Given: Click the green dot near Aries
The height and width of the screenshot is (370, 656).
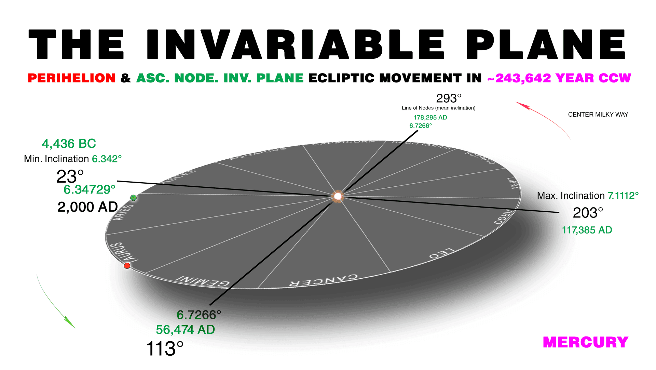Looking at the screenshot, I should [134, 198].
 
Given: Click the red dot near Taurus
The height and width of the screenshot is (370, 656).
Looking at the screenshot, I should [127, 266].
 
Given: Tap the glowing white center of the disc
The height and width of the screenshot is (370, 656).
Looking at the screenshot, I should [338, 196].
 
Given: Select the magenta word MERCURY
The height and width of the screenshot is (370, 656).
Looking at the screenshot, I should [585, 342].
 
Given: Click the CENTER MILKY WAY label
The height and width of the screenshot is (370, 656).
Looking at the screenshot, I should [598, 115].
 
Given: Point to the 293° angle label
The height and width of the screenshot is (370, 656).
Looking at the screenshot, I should [449, 98].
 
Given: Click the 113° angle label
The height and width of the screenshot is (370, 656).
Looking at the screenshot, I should [165, 349].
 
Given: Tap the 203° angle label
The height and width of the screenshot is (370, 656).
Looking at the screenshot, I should [588, 213].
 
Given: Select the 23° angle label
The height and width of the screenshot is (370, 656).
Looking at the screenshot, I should [70, 177].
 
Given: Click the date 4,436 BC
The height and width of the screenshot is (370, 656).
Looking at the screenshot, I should [69, 144].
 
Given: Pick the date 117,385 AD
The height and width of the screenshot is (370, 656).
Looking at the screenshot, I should [587, 230].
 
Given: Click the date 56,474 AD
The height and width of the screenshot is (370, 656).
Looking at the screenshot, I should [185, 330].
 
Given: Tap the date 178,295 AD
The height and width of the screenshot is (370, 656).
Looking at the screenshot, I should [430, 117].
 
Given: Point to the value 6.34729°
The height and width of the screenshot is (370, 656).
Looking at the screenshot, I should [90, 189].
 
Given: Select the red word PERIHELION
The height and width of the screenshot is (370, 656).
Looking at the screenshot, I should [72, 78].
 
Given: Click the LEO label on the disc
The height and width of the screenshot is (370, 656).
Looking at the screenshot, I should [441, 253].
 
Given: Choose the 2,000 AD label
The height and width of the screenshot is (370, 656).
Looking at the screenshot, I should [87, 207].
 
